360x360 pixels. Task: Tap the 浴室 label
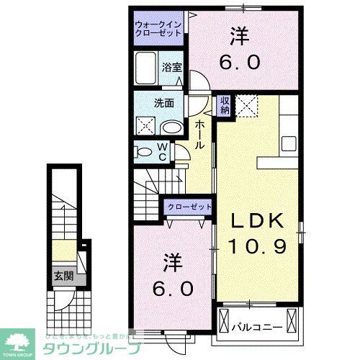tap(171, 68)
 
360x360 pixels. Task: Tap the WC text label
tap(163, 151)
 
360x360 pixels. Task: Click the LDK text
tap(258, 221)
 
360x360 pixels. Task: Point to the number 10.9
tap(258, 246)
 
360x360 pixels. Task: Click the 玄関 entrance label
tap(62, 276)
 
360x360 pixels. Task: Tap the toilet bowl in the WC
tap(144, 151)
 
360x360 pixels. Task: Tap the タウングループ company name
tap(91, 345)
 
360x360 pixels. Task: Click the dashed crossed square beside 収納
tap(248, 107)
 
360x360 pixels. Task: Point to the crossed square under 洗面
tap(144, 127)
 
